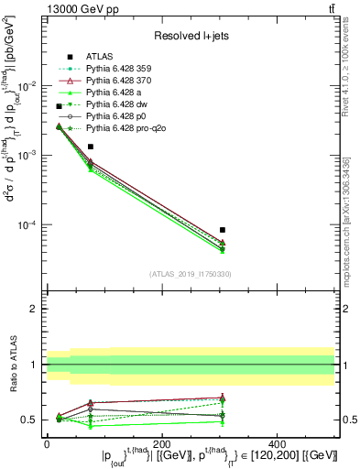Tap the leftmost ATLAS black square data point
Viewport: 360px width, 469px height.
(60, 106)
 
